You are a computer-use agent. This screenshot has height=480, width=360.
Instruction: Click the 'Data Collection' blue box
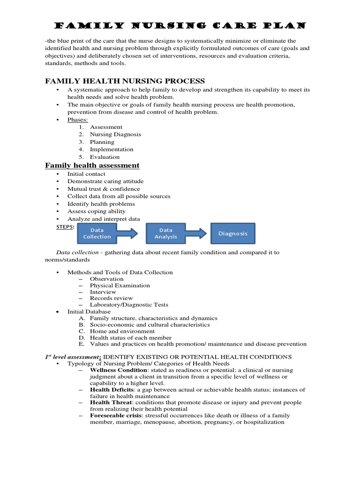[x=97, y=233]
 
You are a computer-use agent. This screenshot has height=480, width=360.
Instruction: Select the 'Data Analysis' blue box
[x=166, y=233]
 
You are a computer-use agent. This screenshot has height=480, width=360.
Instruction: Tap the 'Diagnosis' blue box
[x=233, y=233]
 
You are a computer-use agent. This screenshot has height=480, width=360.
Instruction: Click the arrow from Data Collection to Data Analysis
[x=127, y=233]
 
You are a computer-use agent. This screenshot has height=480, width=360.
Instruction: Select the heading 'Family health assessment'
[x=92, y=165]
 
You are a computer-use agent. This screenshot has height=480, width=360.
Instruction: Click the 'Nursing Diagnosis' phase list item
[x=115, y=135]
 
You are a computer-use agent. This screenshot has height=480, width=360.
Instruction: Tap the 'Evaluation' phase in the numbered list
[x=105, y=157]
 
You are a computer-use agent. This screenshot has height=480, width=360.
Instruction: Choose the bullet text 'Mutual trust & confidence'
[x=104, y=189]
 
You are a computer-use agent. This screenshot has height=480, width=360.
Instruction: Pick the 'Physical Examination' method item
[x=120, y=285]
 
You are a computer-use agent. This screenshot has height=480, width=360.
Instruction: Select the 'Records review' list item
[x=111, y=298]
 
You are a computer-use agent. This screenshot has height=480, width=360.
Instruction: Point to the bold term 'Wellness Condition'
[x=116, y=370]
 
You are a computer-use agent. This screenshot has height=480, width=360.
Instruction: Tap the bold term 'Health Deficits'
[x=112, y=390]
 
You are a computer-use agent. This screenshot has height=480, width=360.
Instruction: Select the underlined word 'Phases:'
[x=77, y=120]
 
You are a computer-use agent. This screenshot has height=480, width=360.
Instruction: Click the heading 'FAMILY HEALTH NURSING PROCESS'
[x=125, y=81]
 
